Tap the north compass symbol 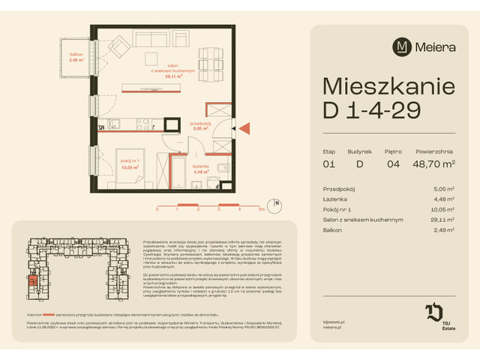(277, 203)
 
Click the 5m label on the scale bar (260, 211)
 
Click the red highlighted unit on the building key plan (31, 281)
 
